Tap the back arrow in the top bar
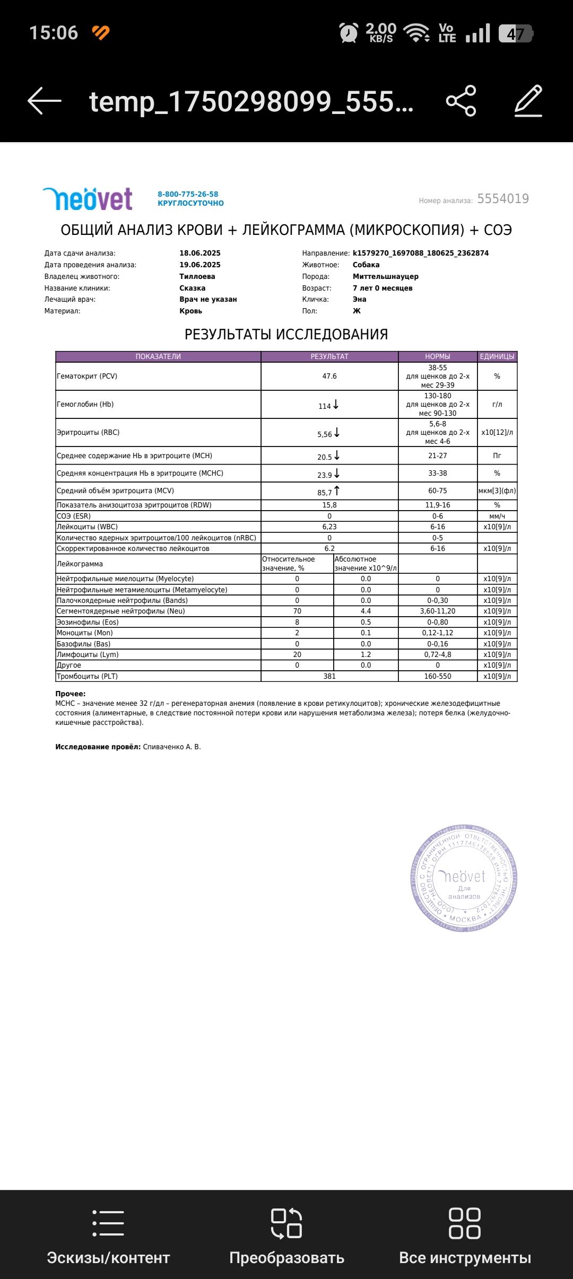point(45,101)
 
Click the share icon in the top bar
point(461,101)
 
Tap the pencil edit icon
point(528,101)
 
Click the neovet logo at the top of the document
point(88,199)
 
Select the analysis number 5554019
point(503,199)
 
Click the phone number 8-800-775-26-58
point(188,194)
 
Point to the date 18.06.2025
point(200,253)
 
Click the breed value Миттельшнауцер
point(385,276)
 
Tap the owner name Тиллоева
point(197,276)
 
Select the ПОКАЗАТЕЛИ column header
point(158,356)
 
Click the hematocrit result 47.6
point(329,376)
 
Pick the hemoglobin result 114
point(325,406)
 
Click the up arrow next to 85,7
point(337,491)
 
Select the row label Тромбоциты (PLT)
point(88,676)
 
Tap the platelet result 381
point(329,676)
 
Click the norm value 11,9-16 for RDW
point(438,505)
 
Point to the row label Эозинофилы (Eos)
point(88,622)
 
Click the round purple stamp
point(464,878)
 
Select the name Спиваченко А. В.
point(172,747)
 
